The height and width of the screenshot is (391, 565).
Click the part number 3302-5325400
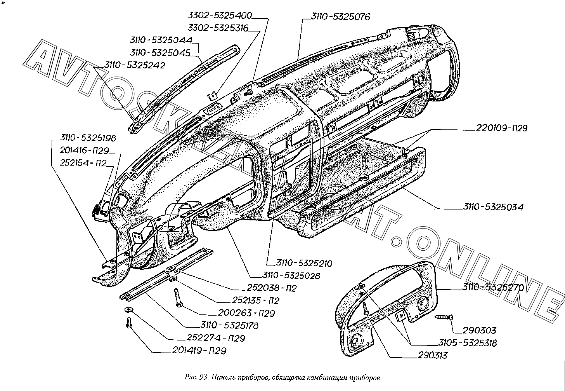click(220, 16)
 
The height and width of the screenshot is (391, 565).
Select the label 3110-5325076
click(341, 17)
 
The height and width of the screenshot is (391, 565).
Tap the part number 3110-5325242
click(135, 65)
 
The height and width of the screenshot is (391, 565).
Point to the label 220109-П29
click(501, 128)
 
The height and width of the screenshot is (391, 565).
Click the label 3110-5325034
click(493, 207)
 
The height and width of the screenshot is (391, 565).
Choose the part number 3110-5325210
click(304, 263)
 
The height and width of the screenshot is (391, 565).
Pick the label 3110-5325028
click(291, 276)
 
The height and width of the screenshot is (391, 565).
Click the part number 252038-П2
click(272, 288)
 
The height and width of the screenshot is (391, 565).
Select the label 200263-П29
click(246, 313)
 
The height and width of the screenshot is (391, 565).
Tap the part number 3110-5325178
click(229, 325)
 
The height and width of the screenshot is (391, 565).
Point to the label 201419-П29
click(199, 351)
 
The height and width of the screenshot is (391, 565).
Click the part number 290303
click(479, 330)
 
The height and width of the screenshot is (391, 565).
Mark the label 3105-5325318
click(467, 343)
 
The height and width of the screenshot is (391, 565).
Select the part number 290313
click(433, 355)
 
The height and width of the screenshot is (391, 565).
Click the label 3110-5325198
click(88, 138)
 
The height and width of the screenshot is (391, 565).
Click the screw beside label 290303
click(444, 317)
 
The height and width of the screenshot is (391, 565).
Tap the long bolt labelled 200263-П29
click(177, 298)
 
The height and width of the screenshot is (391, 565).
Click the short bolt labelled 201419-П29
click(129, 323)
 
